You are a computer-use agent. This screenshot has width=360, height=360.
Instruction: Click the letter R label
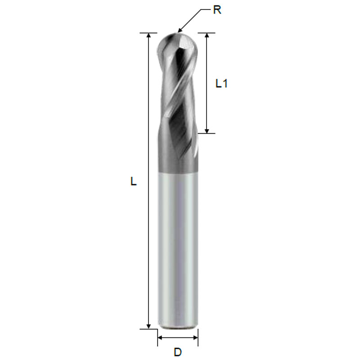[x=217, y=10]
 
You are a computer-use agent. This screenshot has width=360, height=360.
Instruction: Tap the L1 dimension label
[x=221, y=83]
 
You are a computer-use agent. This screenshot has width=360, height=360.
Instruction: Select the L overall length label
[x=133, y=181]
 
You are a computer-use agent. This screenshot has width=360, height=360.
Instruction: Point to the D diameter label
[x=178, y=351]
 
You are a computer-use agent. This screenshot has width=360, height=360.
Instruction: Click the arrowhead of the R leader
[x=180, y=30]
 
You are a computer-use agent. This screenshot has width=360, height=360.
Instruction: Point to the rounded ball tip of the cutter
[x=178, y=43]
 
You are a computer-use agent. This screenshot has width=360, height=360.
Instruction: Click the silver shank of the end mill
[x=178, y=247]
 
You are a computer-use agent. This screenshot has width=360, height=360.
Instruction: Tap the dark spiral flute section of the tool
[x=178, y=112]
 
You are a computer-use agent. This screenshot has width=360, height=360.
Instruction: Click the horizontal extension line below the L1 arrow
[x=207, y=133]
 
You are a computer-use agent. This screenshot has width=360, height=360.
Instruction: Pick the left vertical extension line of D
[x=157, y=337]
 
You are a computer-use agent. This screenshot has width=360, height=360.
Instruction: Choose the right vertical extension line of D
[x=198, y=337]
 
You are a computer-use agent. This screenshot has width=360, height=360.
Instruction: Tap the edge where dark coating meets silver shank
[x=178, y=171]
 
